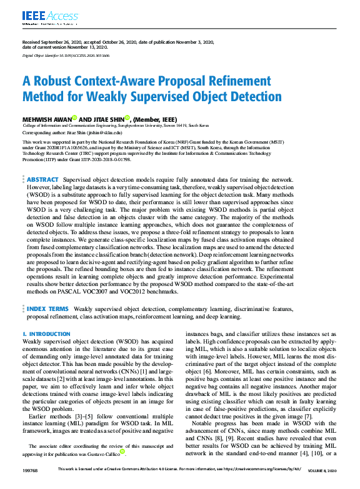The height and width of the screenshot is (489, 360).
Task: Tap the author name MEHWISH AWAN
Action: (46, 119)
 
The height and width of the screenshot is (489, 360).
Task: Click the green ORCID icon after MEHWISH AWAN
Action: (74, 118)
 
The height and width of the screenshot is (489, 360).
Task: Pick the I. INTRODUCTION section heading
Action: (46, 334)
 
